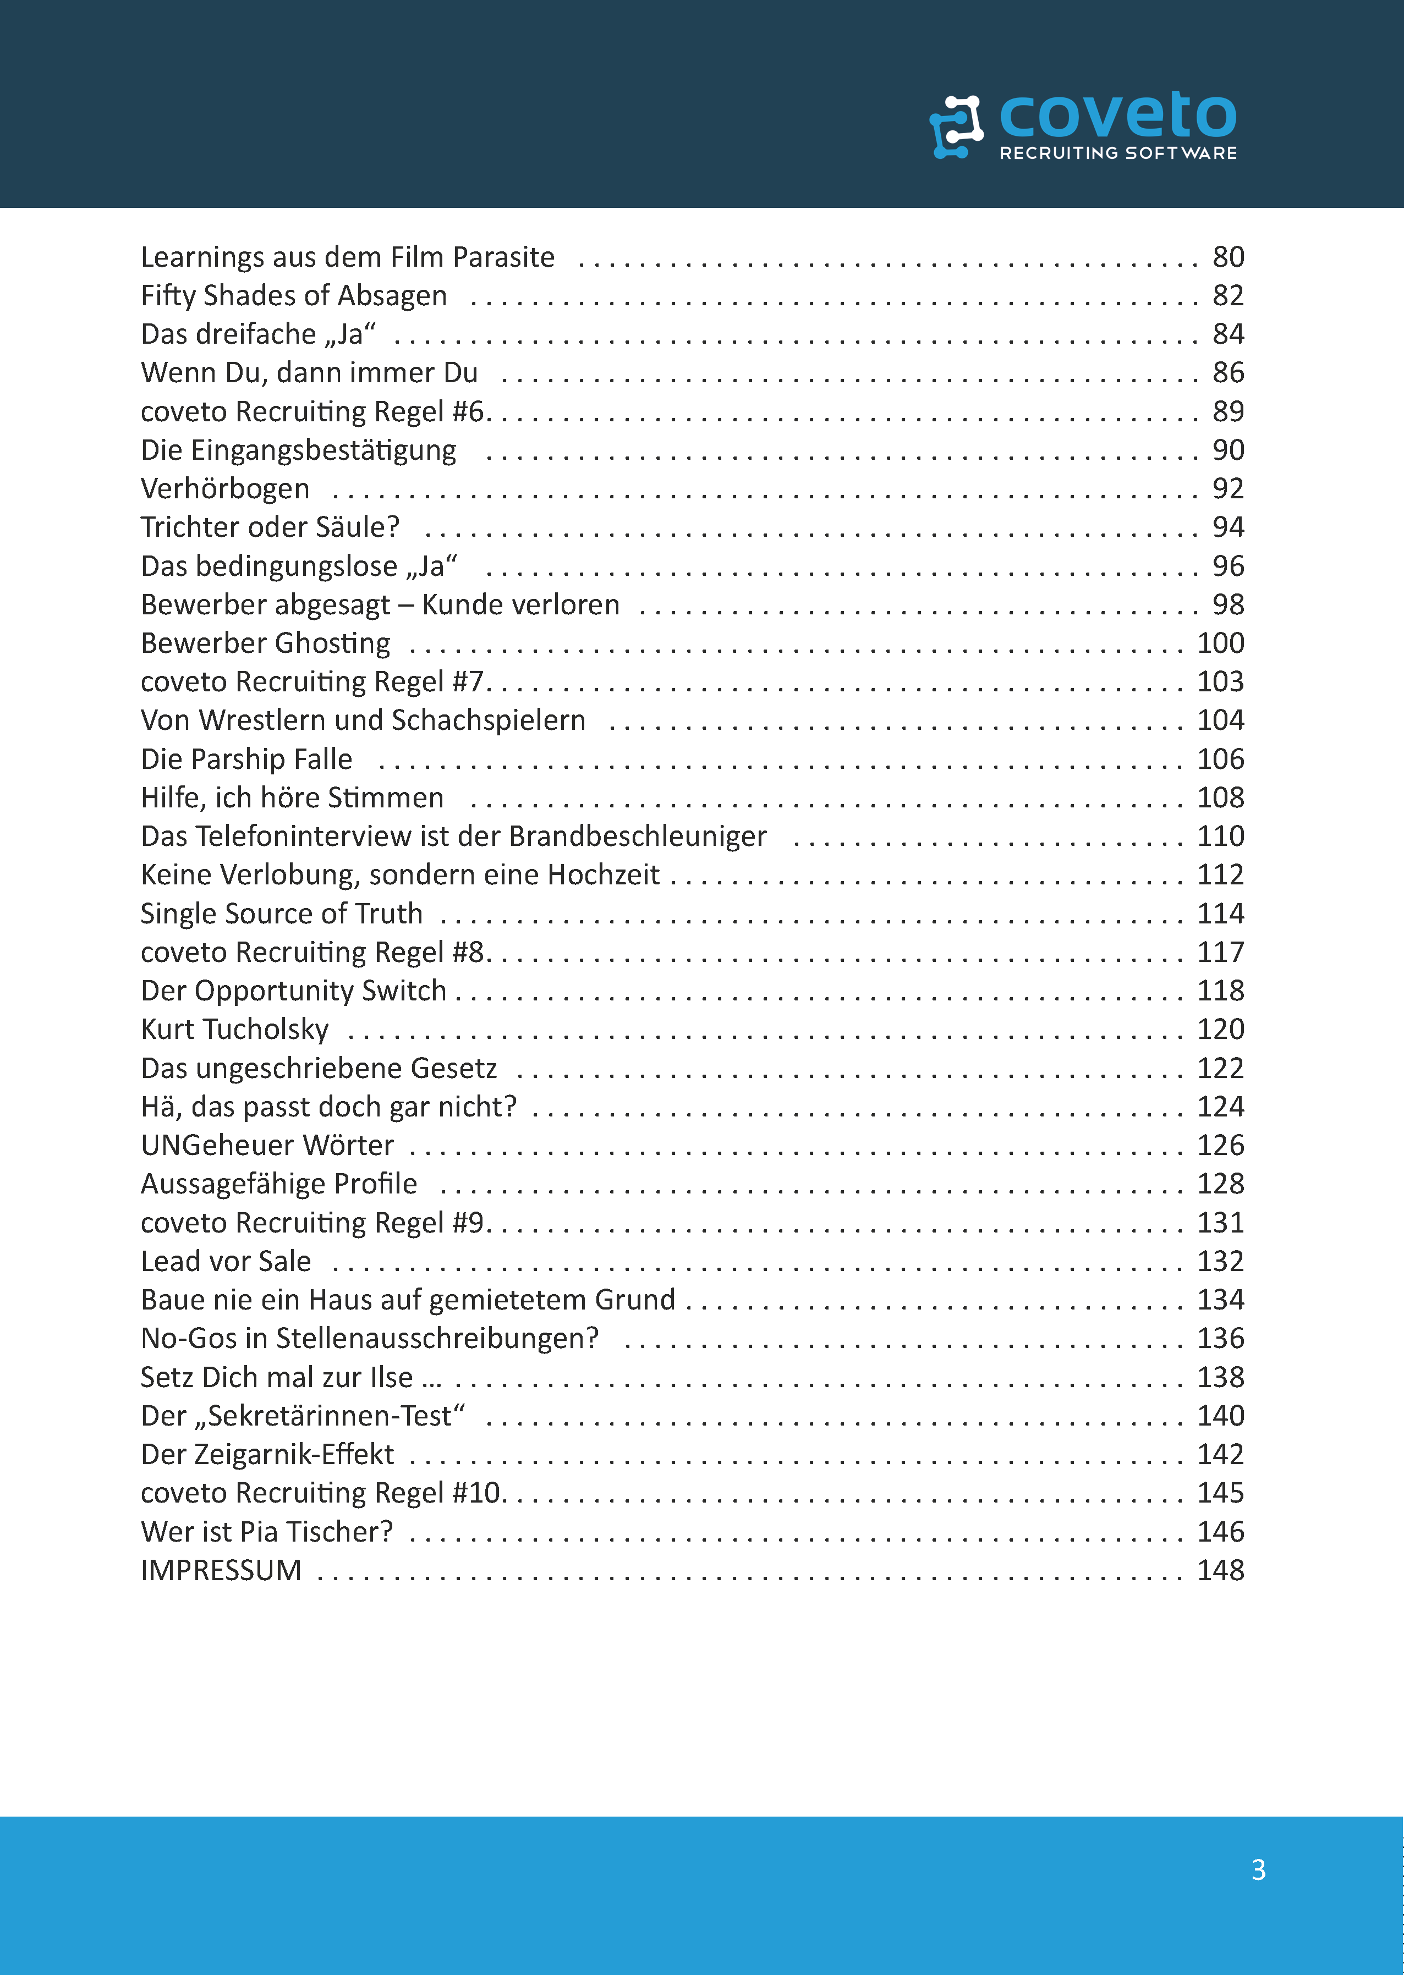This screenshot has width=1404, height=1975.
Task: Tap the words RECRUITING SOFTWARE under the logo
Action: pyautogui.click(x=1118, y=153)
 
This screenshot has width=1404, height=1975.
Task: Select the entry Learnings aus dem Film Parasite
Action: pyautogui.click(x=348, y=257)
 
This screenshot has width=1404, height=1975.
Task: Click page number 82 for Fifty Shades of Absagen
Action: pyautogui.click(x=1227, y=295)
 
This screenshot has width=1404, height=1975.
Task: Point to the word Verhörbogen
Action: pyautogui.click(x=225, y=488)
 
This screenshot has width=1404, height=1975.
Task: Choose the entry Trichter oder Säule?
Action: pyautogui.click(x=270, y=527)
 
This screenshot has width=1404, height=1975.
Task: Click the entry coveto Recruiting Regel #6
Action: pyautogui.click(x=315, y=411)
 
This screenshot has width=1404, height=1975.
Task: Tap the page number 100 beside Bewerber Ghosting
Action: pyautogui.click(x=1220, y=643)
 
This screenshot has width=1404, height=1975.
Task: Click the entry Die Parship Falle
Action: pyautogui.click(x=246, y=759)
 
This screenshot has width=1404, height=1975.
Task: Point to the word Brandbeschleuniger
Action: pyautogui.click(x=637, y=836)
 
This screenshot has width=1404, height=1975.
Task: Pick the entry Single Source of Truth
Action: pyautogui.click(x=282, y=914)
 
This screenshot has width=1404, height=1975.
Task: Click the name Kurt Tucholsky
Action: pyautogui.click(x=234, y=1030)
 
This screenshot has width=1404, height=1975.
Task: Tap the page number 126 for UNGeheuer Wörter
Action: pyautogui.click(x=1220, y=1145)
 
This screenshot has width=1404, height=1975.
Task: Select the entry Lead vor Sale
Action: pyautogui.click(x=226, y=1261)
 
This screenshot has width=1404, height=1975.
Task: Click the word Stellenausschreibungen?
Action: pyautogui.click(x=437, y=1338)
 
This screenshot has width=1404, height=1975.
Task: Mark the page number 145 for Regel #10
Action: pyautogui.click(x=1220, y=1493)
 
